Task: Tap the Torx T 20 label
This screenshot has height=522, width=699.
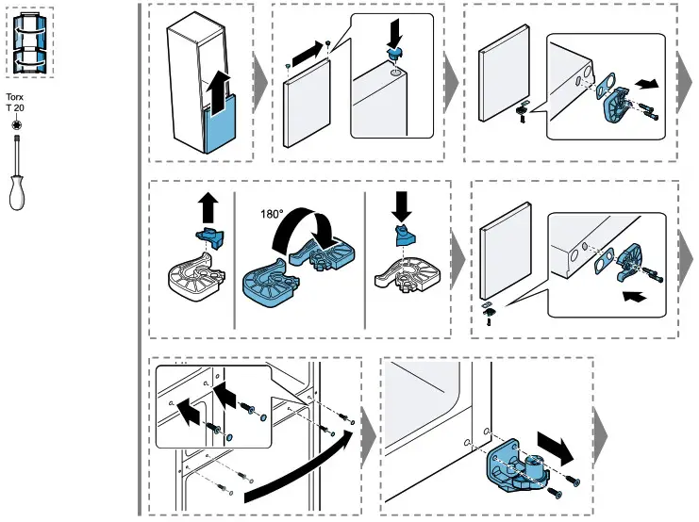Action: [15, 104]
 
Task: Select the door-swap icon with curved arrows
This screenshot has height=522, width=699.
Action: [30, 44]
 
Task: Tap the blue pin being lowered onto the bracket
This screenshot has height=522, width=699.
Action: [405, 236]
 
